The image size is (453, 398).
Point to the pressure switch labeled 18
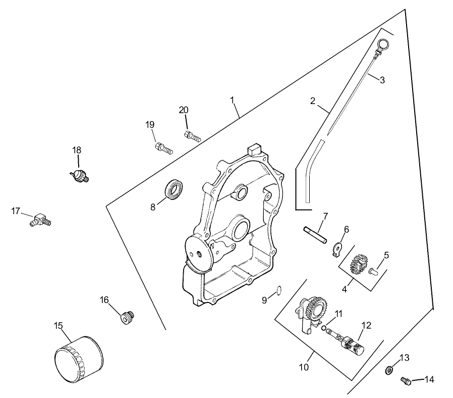(80, 175)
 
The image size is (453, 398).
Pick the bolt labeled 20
(192, 135)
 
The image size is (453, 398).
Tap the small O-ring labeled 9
(277, 290)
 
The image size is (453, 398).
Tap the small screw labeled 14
(405, 381)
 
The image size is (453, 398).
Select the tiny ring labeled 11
(324, 327)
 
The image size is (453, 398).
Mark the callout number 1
(233, 100)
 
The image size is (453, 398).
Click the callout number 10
(303, 367)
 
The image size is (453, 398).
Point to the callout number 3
(382, 80)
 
